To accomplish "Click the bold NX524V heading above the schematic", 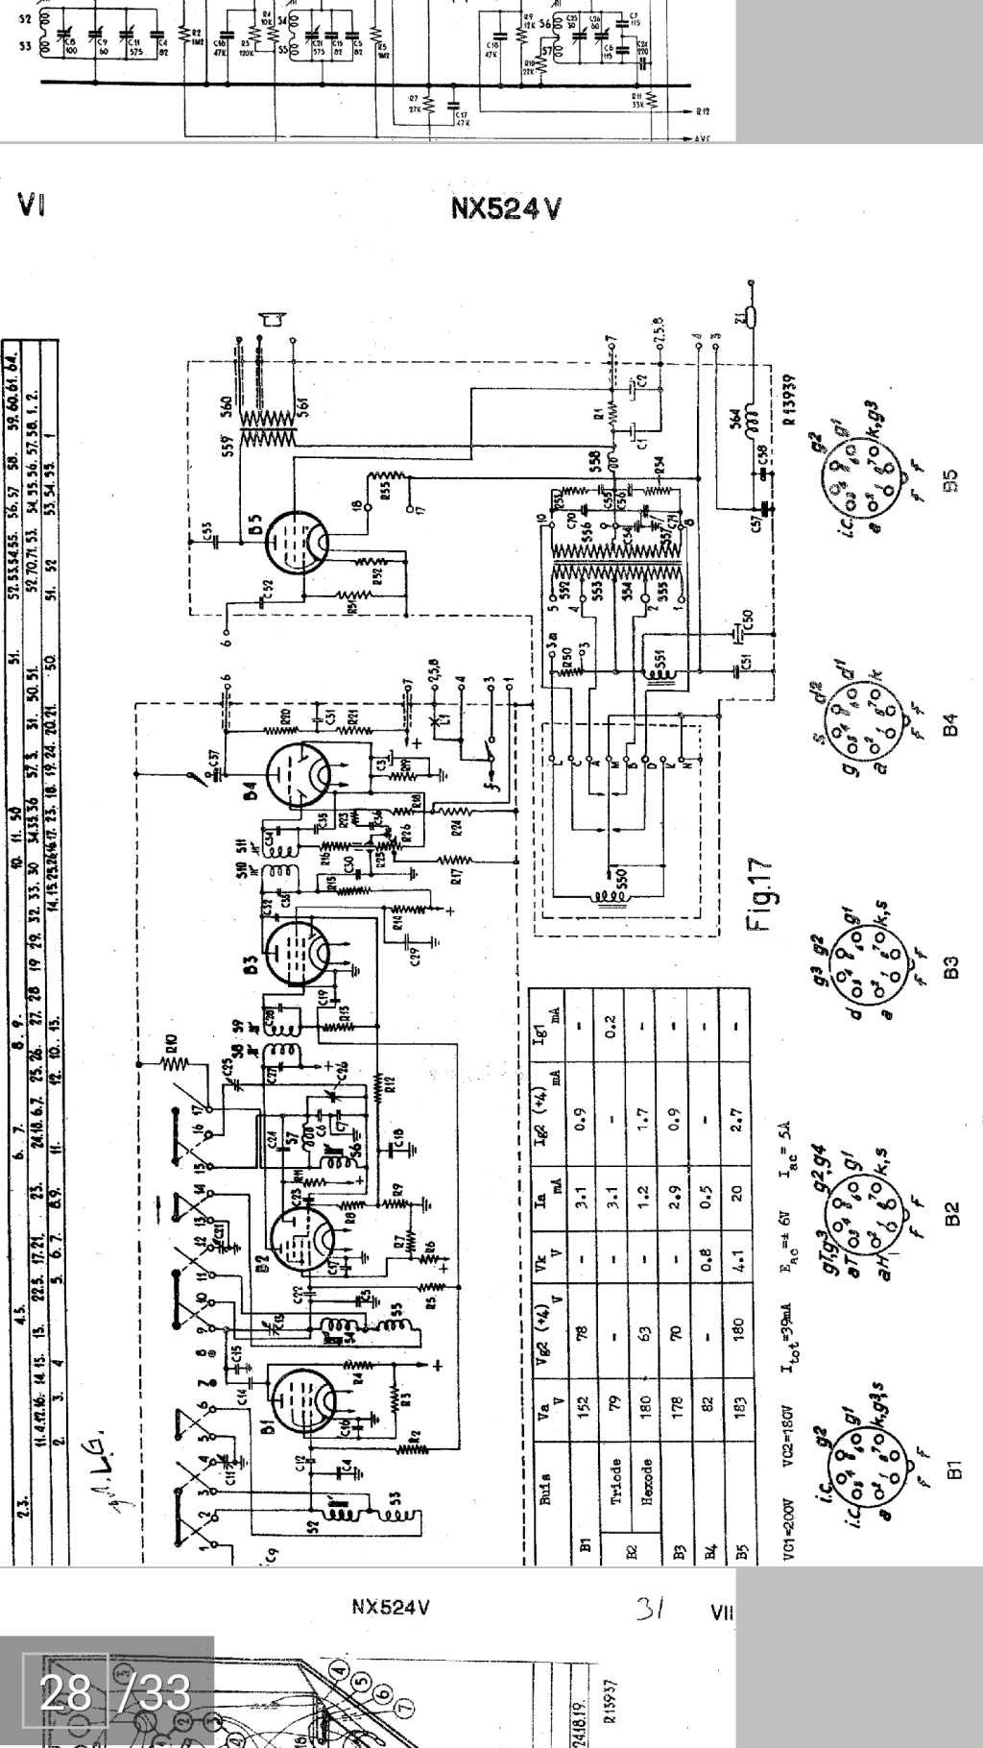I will pyautogui.click(x=506, y=208).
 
